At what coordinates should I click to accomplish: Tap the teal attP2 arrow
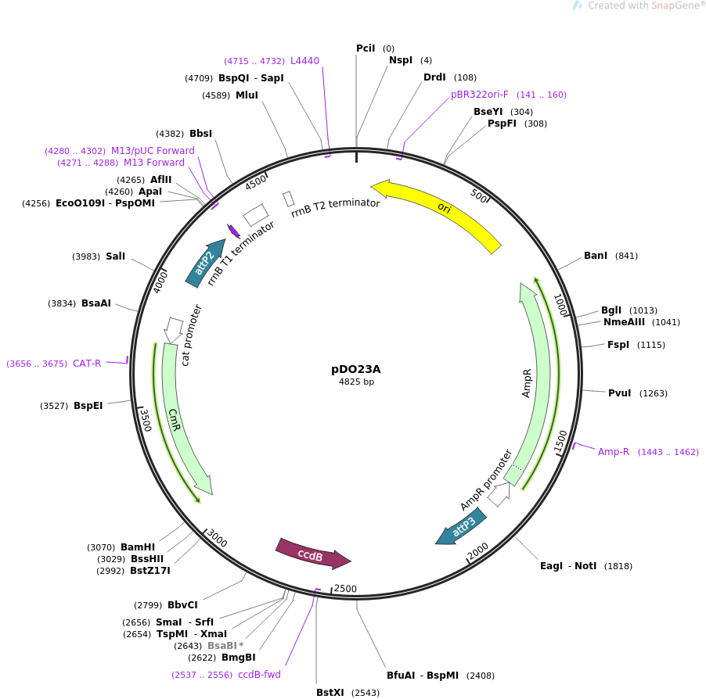205,263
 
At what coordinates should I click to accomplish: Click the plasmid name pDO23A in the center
355,369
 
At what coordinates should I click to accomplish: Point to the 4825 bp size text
356,382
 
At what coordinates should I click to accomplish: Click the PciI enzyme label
366,48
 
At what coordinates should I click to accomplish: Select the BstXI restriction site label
330,692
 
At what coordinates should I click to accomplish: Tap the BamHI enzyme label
138,547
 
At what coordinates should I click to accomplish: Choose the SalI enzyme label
115,256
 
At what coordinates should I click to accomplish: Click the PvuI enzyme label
620,393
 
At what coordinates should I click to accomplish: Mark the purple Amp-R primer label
613,452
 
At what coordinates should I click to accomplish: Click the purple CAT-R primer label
87,364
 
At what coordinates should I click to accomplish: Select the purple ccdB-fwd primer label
259,675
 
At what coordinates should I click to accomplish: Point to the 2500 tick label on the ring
345,589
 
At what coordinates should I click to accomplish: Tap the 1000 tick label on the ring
560,304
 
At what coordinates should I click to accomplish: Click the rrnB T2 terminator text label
336,207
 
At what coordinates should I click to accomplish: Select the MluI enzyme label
247,95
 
